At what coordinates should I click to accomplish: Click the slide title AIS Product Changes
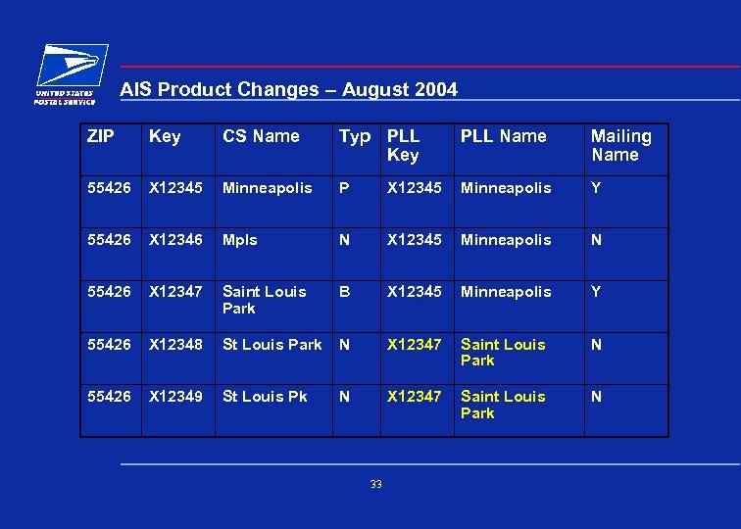[x=288, y=90]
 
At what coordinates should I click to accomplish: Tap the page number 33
[x=376, y=484]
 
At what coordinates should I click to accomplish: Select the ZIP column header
[x=100, y=136]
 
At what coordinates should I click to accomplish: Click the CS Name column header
[x=261, y=136]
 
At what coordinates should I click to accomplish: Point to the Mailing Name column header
[x=621, y=145]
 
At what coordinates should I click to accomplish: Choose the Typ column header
[x=355, y=136]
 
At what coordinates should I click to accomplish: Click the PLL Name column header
[x=503, y=136]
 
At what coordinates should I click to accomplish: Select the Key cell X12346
[x=177, y=240]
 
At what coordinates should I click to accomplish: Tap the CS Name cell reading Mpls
[x=239, y=240]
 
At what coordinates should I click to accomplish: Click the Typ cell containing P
[x=344, y=188]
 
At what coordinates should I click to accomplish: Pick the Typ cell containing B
[x=344, y=292]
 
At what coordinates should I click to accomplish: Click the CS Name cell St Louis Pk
[x=265, y=397]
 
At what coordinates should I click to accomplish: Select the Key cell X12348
[x=177, y=345]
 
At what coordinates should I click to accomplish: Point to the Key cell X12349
[x=177, y=397]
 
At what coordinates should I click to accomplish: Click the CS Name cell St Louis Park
[x=272, y=345]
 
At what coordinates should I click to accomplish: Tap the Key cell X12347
[x=177, y=292]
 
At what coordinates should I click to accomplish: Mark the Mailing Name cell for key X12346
[x=597, y=240]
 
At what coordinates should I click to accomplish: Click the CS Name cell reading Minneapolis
[x=267, y=188]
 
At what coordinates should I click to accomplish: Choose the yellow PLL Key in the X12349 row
[x=415, y=397]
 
